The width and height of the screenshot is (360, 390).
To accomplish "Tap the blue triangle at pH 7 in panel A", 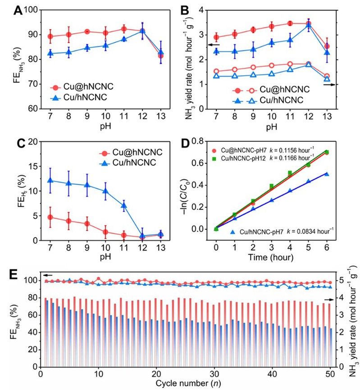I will point(50,54).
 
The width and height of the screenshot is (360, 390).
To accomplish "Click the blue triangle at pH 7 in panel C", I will point(50,181).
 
